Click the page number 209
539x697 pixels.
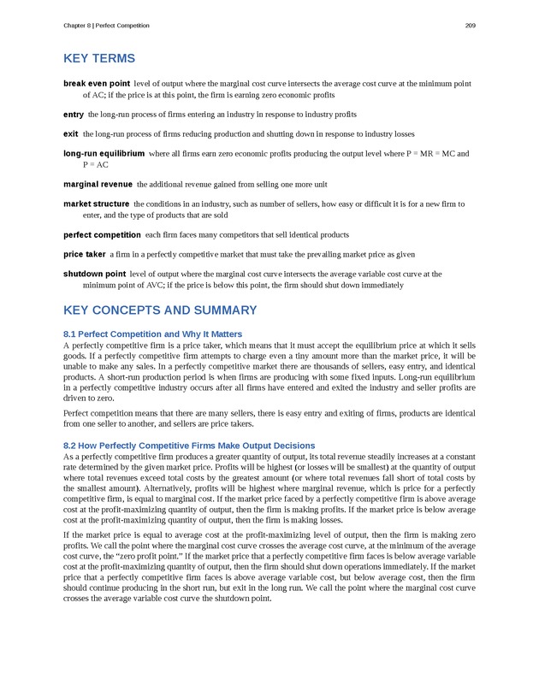coord(470,26)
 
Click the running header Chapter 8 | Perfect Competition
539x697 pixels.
coord(106,26)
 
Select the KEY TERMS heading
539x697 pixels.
coord(99,59)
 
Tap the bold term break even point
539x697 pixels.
coord(97,84)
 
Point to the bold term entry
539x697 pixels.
coord(74,114)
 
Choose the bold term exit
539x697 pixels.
coord(71,134)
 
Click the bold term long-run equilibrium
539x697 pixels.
coord(104,154)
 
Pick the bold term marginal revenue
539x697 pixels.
coord(98,184)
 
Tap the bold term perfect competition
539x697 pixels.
coord(102,234)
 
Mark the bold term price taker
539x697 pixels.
coord(85,254)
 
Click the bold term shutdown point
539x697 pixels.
coord(95,275)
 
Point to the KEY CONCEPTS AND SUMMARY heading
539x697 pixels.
coord(160,310)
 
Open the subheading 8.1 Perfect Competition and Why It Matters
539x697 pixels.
coord(153,334)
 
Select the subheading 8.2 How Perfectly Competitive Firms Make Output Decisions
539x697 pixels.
coord(189,446)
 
